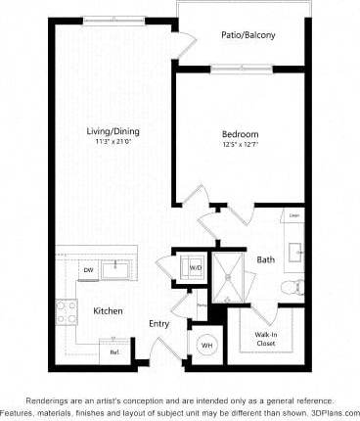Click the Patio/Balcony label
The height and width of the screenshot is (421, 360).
click(249, 35)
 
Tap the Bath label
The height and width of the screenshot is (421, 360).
click(265, 259)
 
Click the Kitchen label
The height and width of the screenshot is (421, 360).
click(107, 310)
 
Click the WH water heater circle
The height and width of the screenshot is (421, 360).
click(207, 345)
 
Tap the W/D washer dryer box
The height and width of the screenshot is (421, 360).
click(195, 266)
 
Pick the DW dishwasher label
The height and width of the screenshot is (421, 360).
click(87, 270)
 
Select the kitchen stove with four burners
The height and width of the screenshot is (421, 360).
click(67, 311)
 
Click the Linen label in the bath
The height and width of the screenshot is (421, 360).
click(293, 214)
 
